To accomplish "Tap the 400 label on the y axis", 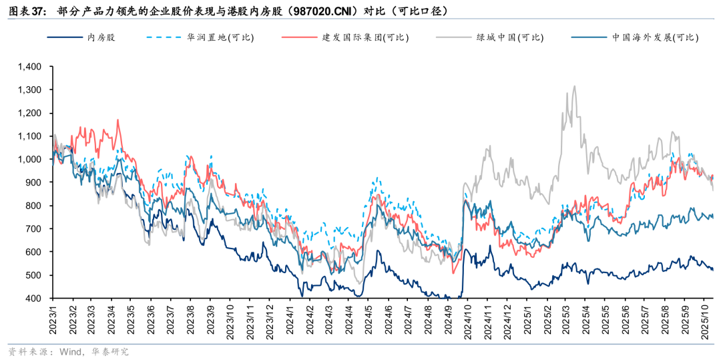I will pos(35,299).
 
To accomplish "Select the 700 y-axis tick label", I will pos(35,229).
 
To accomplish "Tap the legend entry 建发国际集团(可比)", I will pos(365,37).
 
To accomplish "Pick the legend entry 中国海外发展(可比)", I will pos(655,37).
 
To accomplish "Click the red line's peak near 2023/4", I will pos(118,120).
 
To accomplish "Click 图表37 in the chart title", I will pos(25,11).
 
